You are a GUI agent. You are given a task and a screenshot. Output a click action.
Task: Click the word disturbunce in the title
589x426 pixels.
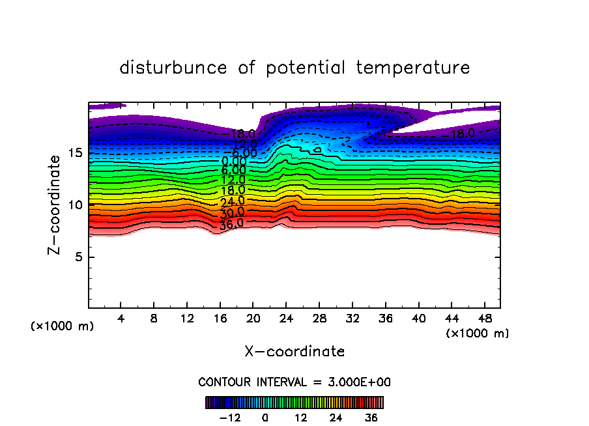[174, 68]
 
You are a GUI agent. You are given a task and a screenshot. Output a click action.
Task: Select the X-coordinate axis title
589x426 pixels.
[294, 352]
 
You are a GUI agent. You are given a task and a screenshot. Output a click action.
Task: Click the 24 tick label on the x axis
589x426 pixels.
[286, 319]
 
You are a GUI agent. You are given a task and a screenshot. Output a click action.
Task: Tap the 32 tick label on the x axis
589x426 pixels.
[352, 319]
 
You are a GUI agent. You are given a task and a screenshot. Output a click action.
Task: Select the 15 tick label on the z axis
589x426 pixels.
[75, 153]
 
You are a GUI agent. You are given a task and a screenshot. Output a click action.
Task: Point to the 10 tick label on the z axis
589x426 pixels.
[75, 205]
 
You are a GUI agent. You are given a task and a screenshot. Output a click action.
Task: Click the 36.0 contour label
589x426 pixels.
[232, 223]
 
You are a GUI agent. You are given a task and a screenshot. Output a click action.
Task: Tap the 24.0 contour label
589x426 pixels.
[233, 201]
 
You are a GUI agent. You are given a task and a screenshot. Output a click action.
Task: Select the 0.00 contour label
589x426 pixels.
[234, 161]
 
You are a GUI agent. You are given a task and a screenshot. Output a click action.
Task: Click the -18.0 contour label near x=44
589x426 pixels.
[462, 134]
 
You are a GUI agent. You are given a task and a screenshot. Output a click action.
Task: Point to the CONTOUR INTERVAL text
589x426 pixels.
[294, 382]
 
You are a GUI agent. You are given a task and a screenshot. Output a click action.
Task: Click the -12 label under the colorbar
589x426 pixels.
[229, 418]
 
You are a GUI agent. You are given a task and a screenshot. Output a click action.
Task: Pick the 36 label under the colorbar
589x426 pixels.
[371, 418]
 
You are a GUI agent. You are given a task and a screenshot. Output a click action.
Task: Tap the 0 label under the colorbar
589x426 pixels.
[265, 418]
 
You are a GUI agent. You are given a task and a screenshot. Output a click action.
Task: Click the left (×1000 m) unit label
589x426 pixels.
[63, 326]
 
